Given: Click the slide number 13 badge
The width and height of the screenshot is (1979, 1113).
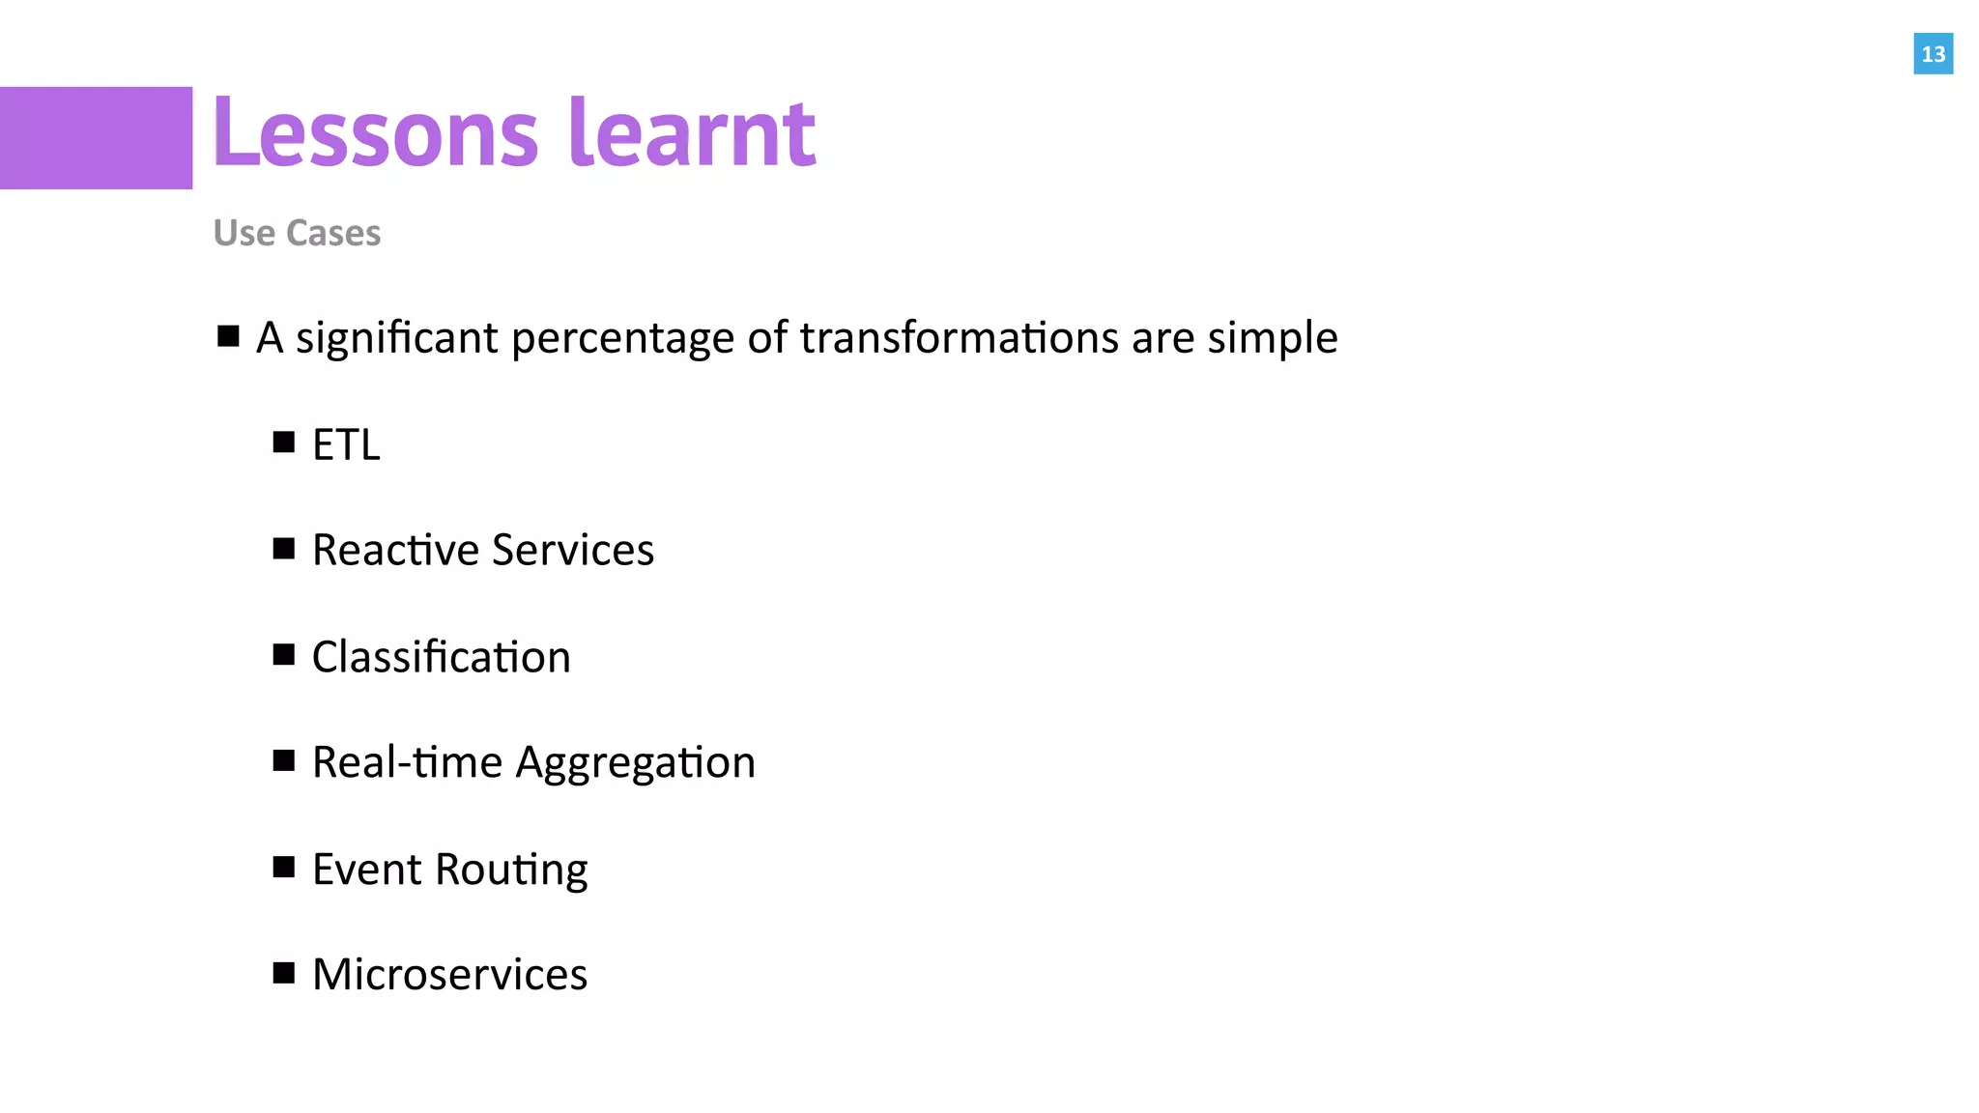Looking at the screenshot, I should pos(1933,54).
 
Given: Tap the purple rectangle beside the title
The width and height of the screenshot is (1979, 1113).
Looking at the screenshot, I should pos(96,138).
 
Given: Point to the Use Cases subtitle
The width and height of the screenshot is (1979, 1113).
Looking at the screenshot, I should pos(297,233).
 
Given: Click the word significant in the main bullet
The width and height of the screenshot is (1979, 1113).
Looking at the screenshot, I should pos(397,338).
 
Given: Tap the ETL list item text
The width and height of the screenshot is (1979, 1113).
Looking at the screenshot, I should pos(346,444).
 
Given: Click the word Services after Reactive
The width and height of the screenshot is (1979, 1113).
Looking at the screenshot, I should pos(573,550).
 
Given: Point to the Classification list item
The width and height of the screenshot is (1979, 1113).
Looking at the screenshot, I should pos(441,657).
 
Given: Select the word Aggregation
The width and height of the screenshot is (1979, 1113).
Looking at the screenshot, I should pos(635,764).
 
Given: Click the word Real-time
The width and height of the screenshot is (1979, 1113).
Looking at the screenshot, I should pos(407,762).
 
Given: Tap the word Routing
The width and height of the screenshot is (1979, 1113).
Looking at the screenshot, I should pos(511,870).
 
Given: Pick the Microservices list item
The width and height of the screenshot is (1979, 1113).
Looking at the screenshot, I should pos(449,974).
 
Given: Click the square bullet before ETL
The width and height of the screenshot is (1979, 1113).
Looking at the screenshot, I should pos(283,442).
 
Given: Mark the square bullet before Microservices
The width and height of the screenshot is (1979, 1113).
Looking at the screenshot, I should pos(283,972).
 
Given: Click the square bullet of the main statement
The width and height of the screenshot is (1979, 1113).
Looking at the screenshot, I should pos(228,336).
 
